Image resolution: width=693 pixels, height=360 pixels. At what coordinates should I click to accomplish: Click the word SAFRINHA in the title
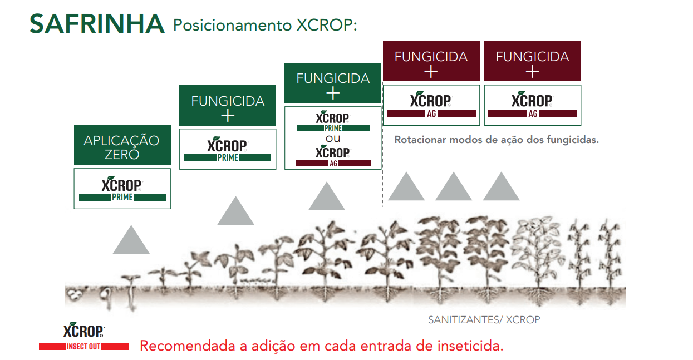click(x=97, y=24)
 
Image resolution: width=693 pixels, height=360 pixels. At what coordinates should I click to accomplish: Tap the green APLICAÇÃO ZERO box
click(x=122, y=145)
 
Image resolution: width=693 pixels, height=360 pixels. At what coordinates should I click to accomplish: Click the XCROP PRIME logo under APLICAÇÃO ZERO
click(x=122, y=189)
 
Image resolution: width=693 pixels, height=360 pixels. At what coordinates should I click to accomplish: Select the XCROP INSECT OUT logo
click(x=83, y=337)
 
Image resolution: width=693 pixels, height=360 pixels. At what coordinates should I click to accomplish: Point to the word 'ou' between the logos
click(x=333, y=139)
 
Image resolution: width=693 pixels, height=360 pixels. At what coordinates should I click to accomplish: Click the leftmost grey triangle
click(x=131, y=239)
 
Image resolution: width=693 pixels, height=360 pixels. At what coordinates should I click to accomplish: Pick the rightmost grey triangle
click(x=501, y=186)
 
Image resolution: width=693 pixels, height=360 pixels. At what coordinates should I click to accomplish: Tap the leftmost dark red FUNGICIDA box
click(x=431, y=61)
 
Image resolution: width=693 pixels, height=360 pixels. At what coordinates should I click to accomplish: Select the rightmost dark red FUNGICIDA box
click(x=533, y=61)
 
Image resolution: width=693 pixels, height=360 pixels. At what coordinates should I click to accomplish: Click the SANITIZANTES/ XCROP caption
click(x=484, y=319)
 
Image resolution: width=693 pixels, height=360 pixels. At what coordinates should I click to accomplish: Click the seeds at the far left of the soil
click(x=74, y=294)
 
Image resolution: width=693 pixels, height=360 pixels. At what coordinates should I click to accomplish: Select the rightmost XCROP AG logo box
click(x=533, y=105)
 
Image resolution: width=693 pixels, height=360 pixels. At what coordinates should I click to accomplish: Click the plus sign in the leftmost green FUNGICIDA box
click(x=228, y=116)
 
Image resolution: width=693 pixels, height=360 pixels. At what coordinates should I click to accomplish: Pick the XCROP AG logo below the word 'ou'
click(x=333, y=157)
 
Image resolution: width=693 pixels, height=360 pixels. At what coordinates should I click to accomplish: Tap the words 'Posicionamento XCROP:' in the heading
click(x=265, y=25)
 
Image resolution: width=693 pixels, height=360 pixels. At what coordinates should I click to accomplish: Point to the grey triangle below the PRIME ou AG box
click(x=327, y=196)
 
